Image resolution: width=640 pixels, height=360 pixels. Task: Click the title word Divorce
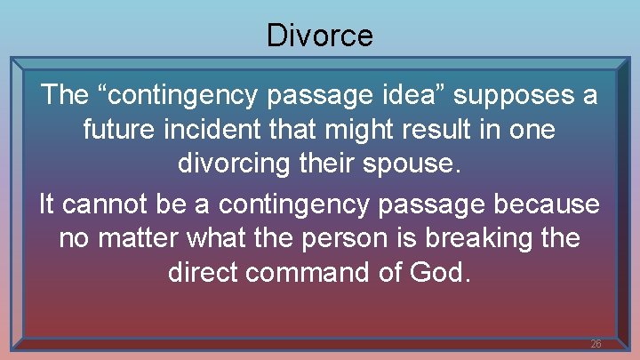(x=319, y=36)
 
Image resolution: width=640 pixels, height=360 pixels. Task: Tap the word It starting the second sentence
(x=49, y=203)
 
